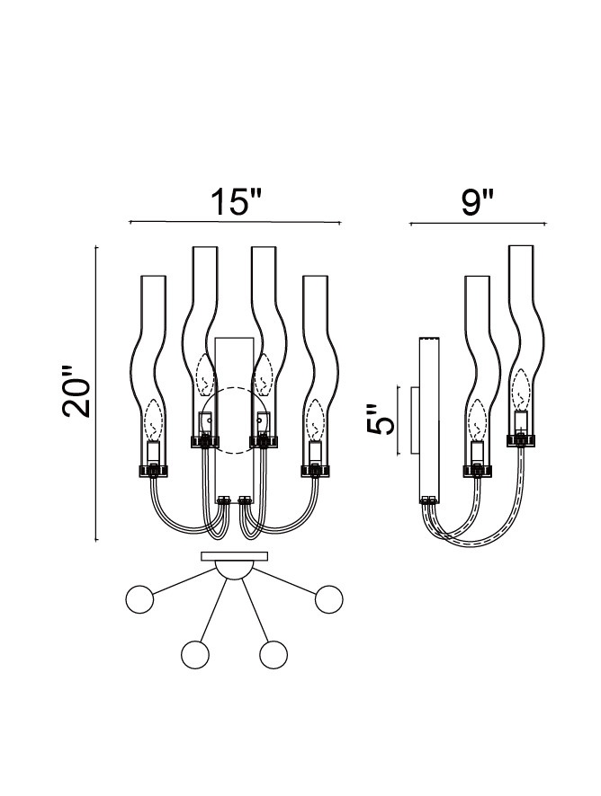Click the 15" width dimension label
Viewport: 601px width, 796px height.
tap(236, 202)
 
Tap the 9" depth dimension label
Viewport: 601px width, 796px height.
tap(478, 202)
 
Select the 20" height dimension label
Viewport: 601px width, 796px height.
tap(76, 391)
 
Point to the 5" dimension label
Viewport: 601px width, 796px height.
tap(381, 420)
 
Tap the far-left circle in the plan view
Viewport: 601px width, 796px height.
tap(139, 599)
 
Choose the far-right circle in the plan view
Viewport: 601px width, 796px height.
tap(329, 599)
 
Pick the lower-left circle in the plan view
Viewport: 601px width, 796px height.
tap(195, 654)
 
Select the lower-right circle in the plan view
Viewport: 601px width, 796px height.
tap(274, 654)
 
